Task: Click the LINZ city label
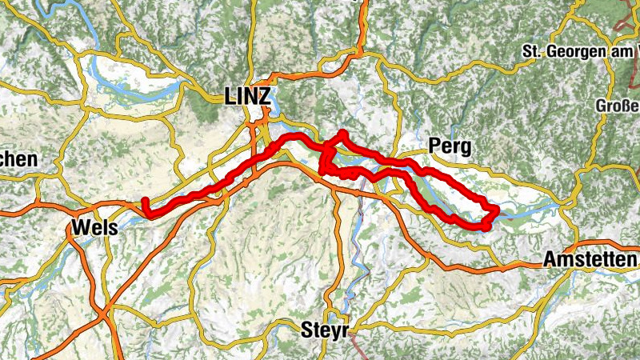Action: tap(248, 98)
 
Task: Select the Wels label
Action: tap(94, 227)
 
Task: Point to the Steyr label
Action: tap(323, 329)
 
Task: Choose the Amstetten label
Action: tap(590, 260)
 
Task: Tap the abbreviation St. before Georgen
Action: tap(534, 51)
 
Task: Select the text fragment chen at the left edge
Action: tap(18, 159)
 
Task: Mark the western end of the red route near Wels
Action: tap(144, 200)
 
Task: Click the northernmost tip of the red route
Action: tap(342, 132)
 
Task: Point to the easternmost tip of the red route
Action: tap(496, 210)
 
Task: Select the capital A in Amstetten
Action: tap(550, 260)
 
